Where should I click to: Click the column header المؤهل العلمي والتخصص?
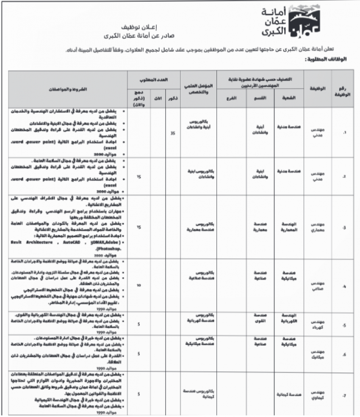[x=199, y=88]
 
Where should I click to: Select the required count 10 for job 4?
[x=139, y=285]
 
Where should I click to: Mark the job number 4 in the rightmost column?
[x=344, y=286]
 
